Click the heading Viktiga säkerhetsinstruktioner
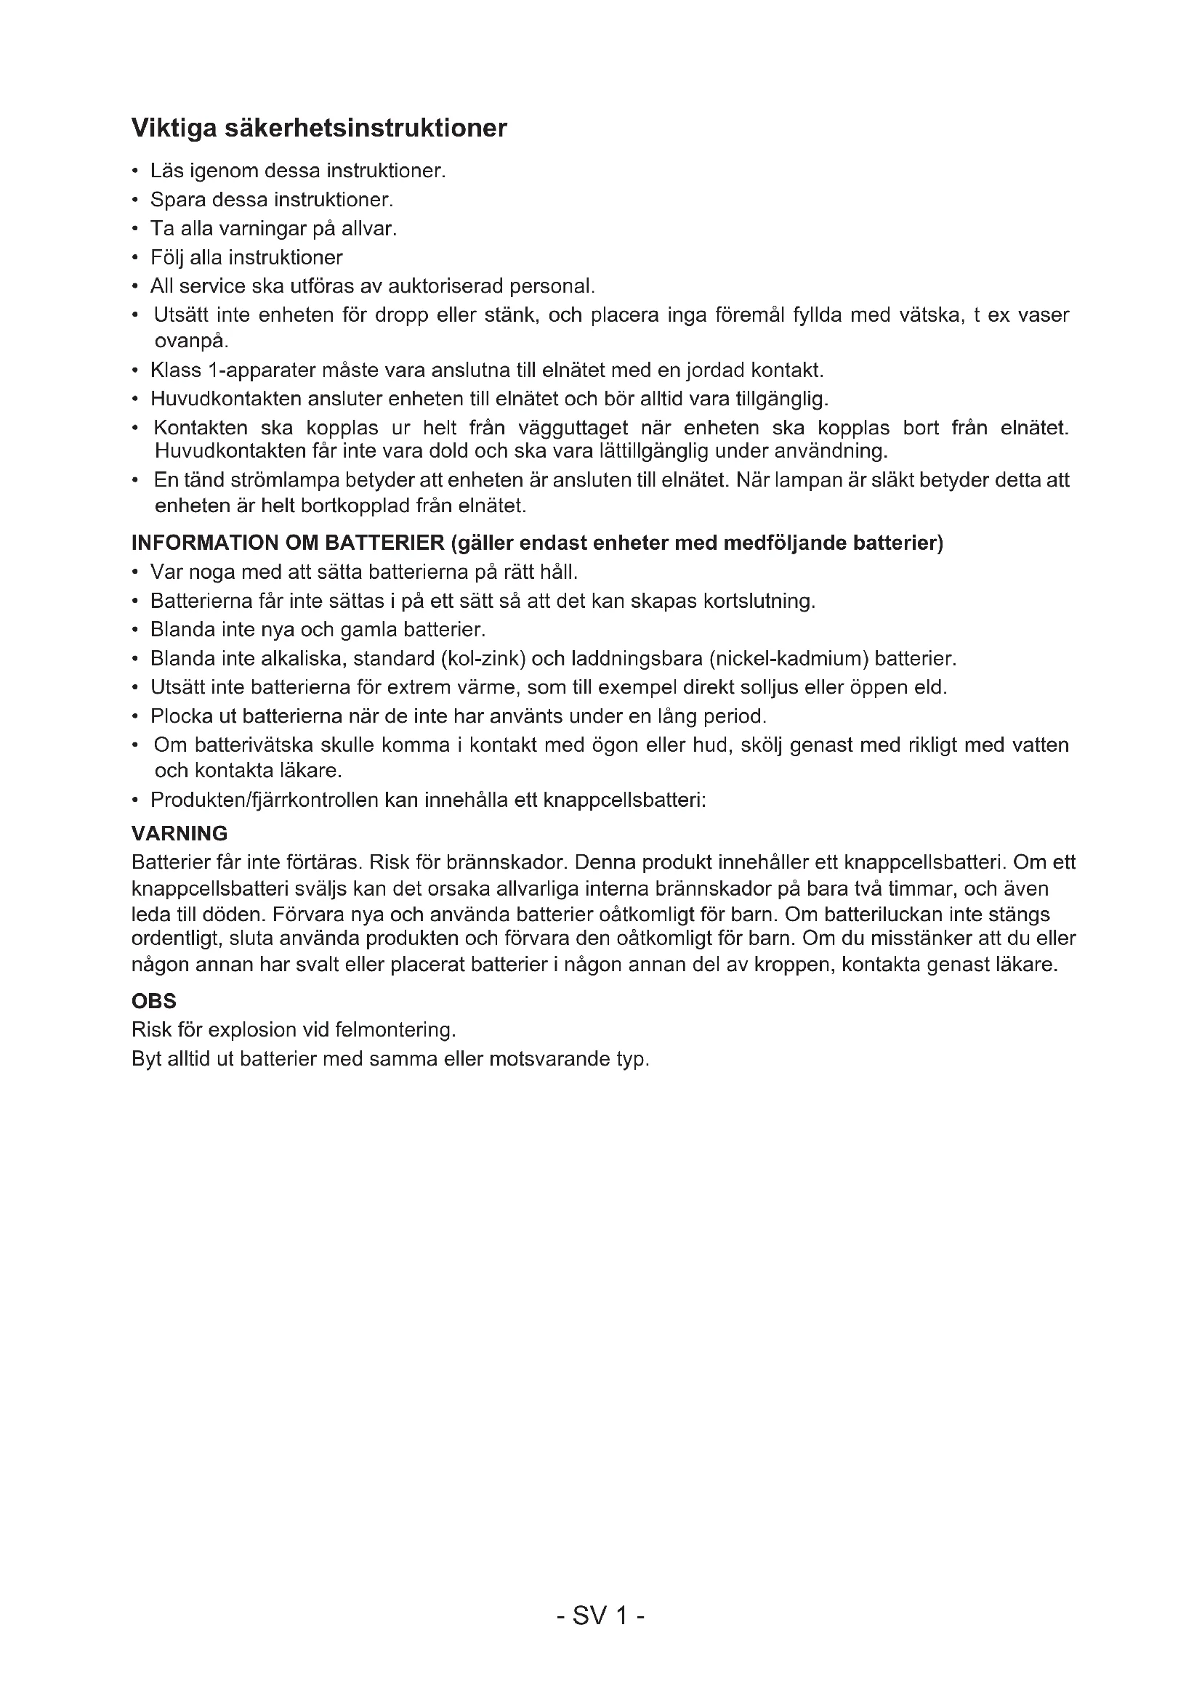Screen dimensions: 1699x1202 (x=319, y=129)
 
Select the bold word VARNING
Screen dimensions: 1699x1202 (x=179, y=834)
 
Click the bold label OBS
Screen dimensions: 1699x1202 (x=154, y=1001)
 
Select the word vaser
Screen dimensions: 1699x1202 (x=1044, y=316)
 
